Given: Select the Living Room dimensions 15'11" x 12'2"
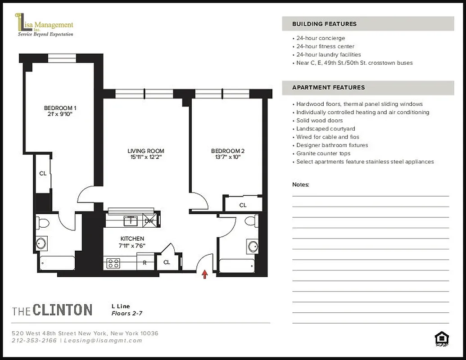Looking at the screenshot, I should click(145, 157).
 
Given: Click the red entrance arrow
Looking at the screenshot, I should click(205, 274).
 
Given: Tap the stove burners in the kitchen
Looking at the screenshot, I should click(113, 263).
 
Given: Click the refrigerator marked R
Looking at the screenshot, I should click(145, 263).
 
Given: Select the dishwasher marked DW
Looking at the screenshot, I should click(149, 221).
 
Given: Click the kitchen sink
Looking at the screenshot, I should click(131, 220).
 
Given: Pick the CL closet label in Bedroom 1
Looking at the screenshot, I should click(43, 173).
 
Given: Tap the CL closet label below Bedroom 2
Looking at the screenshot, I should click(243, 205).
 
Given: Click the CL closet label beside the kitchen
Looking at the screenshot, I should click(167, 262).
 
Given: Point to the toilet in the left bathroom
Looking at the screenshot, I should click(44, 222).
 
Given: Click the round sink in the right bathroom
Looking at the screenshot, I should click(253, 247).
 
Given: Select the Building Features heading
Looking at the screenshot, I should click(324, 24).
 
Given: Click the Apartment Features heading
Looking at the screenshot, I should click(328, 87).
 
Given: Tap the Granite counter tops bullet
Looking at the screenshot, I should click(323, 153).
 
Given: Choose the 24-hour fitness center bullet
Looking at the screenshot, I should click(325, 46).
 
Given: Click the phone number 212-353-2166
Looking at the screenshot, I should click(34, 341).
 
